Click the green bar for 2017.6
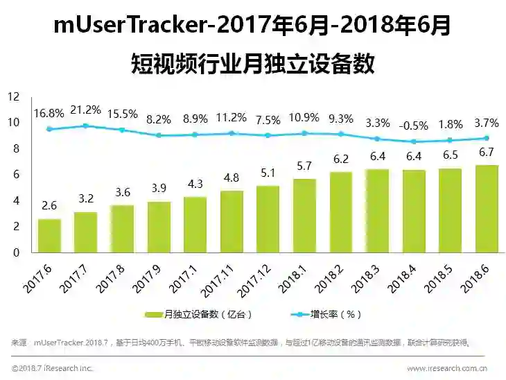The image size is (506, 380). (49, 235)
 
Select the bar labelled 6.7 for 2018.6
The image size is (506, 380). (487, 209)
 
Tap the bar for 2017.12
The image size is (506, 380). (268, 219)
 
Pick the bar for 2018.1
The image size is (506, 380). (304, 215)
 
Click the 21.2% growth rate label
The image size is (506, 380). (85, 110)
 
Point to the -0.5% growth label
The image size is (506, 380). (413, 126)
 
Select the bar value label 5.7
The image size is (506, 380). (304, 167)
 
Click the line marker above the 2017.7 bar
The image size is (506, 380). (85, 126)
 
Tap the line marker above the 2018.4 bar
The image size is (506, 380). (413, 141)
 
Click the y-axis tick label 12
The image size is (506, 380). (14, 96)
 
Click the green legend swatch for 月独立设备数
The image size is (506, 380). (153, 314)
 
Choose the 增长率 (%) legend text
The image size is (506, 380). (339, 314)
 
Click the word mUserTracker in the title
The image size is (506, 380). (132, 26)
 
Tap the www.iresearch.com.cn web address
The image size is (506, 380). (446, 368)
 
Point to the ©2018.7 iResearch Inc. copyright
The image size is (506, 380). (52, 368)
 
